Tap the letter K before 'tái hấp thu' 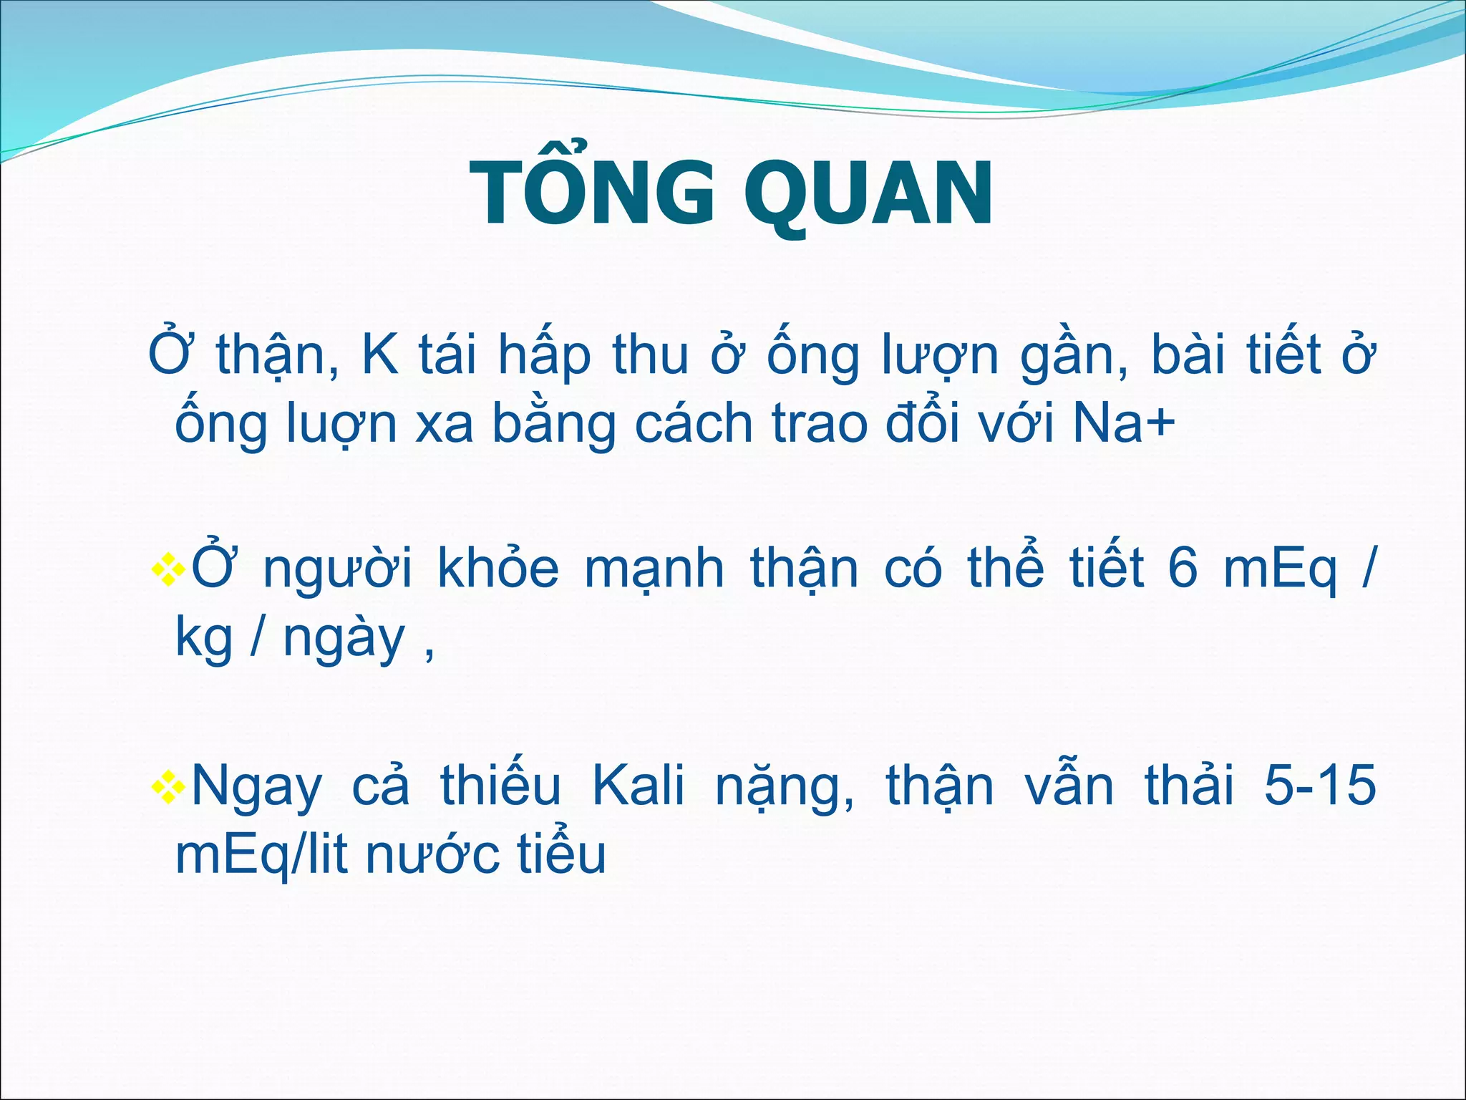[380, 355]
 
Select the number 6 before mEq [1183, 569]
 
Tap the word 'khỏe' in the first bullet [498, 569]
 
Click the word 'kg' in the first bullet [204, 640]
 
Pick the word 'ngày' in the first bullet [344, 640]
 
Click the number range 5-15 [1319, 786]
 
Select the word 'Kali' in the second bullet [638, 786]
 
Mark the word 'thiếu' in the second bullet [500, 786]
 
